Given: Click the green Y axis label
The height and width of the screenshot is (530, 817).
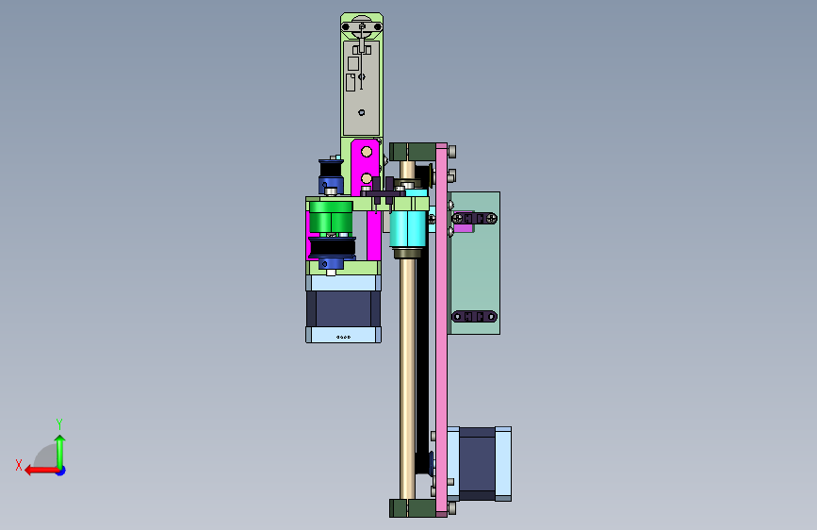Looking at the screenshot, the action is click(x=59, y=423).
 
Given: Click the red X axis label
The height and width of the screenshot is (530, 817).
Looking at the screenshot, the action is click(x=19, y=465).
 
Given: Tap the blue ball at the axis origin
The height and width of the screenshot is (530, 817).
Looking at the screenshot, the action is click(x=61, y=471).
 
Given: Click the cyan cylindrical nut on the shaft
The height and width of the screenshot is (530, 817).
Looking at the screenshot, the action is click(x=408, y=228).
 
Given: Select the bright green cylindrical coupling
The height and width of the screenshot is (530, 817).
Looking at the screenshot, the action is click(x=331, y=218).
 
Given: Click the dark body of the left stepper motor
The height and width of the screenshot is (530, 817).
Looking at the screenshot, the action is click(x=343, y=308).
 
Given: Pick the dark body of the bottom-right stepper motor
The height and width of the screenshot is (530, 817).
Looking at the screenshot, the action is click(x=477, y=464).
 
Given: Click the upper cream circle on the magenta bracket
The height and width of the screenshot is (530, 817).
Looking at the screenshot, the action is click(x=367, y=152).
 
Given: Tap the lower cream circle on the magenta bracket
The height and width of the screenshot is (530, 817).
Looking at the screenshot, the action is click(x=367, y=179).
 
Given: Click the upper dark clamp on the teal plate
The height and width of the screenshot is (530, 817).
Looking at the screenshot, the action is click(x=474, y=219).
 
